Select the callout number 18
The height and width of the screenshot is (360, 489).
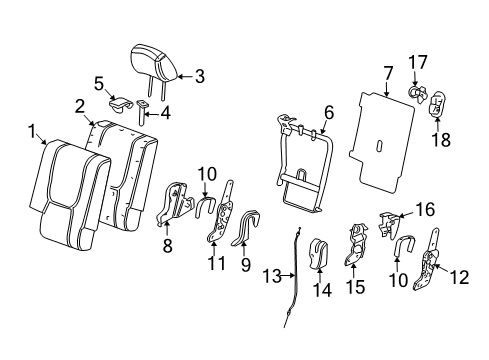[434, 140]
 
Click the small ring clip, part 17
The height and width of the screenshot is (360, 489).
[414, 94]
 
